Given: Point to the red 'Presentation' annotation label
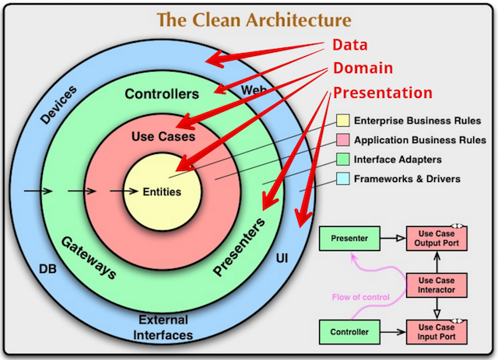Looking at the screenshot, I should tap(382, 93).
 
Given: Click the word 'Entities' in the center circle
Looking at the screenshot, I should tap(162, 191).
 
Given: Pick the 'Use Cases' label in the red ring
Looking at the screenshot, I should tap(162, 136).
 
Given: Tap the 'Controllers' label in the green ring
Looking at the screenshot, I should tap(162, 94).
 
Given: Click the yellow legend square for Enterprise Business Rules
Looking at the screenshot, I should tap(342, 121).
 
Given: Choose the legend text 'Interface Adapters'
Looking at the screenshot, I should tap(397, 159).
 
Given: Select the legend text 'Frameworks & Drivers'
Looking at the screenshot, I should tap(407, 179).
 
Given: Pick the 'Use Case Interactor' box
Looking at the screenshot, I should tap(437, 284).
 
